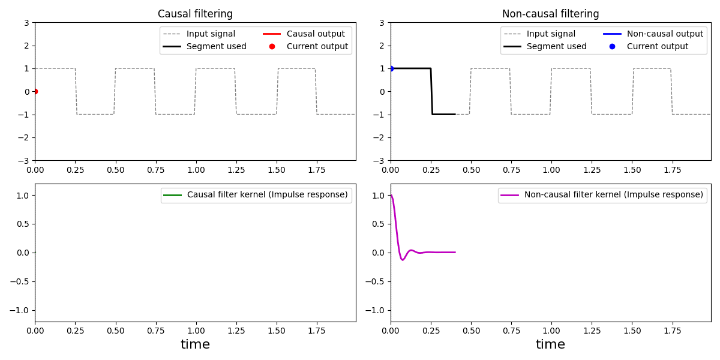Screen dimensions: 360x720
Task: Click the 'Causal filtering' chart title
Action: pos(195,14)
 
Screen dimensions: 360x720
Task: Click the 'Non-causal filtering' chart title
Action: pos(550,14)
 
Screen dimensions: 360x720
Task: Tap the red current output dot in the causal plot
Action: pos(35,91)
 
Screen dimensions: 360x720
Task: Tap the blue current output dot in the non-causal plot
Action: pos(391,68)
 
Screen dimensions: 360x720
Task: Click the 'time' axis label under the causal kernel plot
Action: pos(195,344)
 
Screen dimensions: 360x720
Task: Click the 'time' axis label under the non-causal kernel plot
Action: pos(550,344)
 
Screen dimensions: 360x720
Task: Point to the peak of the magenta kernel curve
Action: pos(391,196)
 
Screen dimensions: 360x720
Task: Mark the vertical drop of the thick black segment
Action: pos(431,91)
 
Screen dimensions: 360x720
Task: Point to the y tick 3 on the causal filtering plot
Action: pos(27,23)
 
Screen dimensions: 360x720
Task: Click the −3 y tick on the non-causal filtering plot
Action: pos(380,160)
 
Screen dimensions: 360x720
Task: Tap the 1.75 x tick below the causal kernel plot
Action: pos(317,331)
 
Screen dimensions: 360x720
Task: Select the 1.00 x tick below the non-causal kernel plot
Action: pos(551,331)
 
